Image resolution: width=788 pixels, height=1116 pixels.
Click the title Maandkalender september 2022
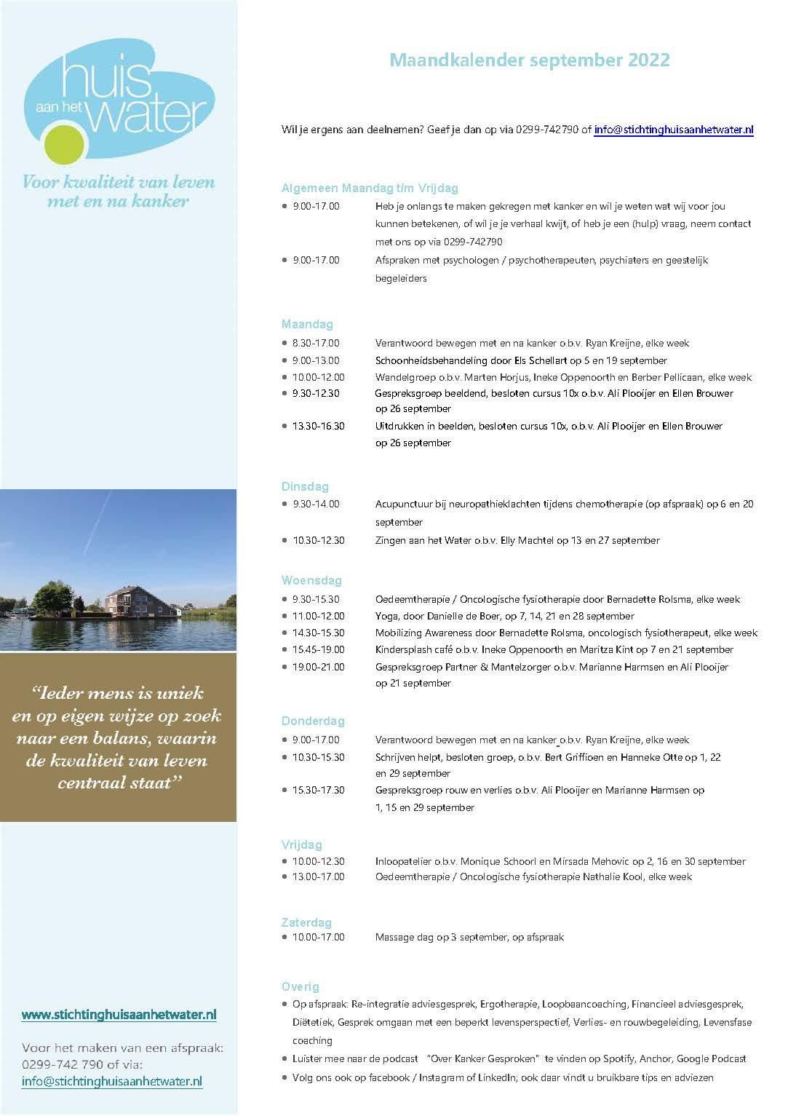point(529,60)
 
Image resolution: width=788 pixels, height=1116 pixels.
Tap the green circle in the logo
point(60,145)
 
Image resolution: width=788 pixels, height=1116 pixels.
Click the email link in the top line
point(673,130)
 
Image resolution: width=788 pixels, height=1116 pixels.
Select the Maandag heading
point(307,324)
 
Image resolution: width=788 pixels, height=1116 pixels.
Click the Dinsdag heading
point(305,486)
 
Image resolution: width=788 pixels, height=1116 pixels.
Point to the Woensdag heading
point(311,580)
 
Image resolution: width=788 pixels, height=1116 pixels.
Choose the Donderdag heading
point(313,721)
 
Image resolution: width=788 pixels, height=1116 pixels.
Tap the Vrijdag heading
point(301,844)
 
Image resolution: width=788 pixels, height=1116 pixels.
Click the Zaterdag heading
point(306,922)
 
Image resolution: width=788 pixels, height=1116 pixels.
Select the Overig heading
point(300,986)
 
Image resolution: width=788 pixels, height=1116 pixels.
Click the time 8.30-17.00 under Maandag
point(316,343)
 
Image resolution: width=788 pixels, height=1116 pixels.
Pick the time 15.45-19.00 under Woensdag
point(318,649)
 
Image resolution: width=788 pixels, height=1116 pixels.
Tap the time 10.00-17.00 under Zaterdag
point(318,937)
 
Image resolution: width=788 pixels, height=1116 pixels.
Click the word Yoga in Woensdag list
point(387,616)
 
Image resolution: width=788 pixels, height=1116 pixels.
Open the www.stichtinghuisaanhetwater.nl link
point(119,1014)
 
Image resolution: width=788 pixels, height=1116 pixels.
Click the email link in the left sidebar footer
point(112,1081)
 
